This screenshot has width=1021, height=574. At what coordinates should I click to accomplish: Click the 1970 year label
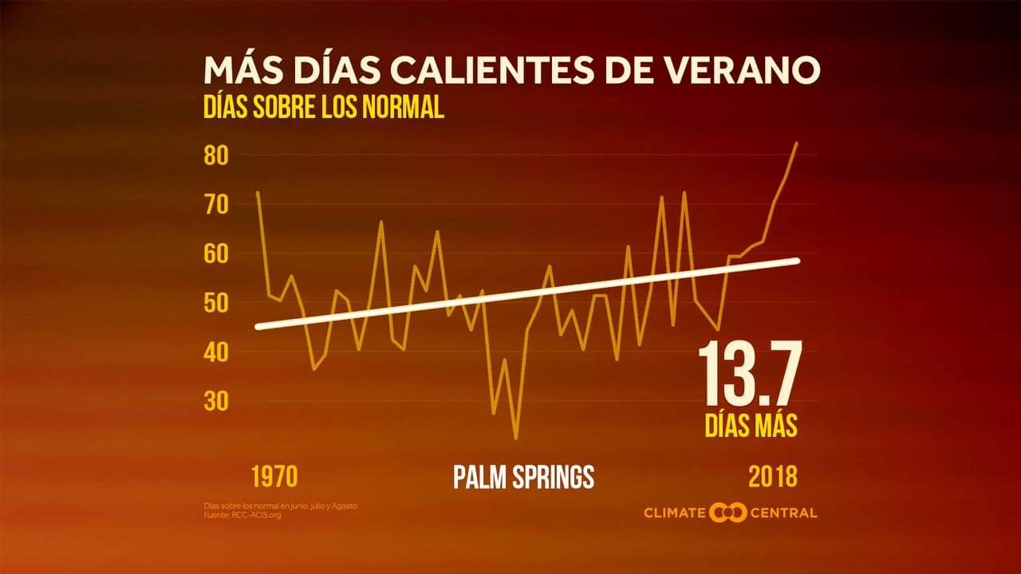click(274, 477)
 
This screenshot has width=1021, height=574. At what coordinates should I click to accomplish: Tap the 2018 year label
click(772, 477)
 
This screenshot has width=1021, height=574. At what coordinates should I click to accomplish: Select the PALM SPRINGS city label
click(523, 477)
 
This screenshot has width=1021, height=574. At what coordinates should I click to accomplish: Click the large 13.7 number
click(748, 374)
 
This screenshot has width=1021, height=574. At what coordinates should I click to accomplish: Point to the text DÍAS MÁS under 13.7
click(751, 425)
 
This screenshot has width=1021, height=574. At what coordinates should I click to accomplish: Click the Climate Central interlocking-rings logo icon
click(727, 512)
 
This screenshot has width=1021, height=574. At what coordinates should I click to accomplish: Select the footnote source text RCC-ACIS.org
click(257, 515)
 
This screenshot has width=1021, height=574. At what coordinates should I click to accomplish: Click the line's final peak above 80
click(796, 143)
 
